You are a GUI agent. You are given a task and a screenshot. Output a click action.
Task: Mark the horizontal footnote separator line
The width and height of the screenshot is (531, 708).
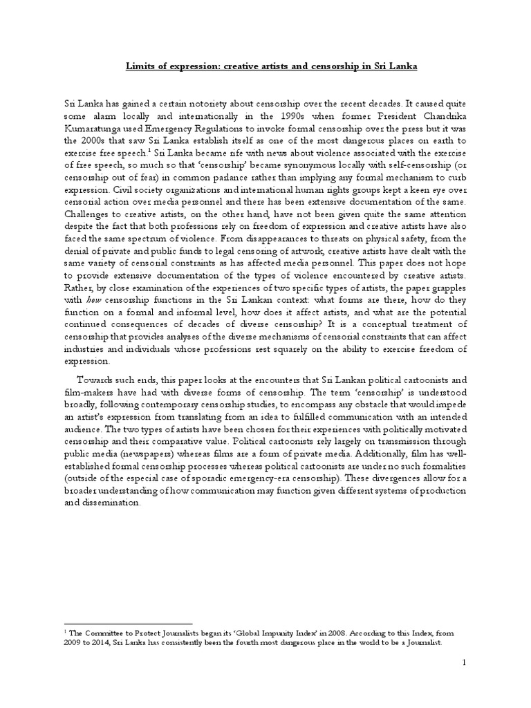click(127, 624)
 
